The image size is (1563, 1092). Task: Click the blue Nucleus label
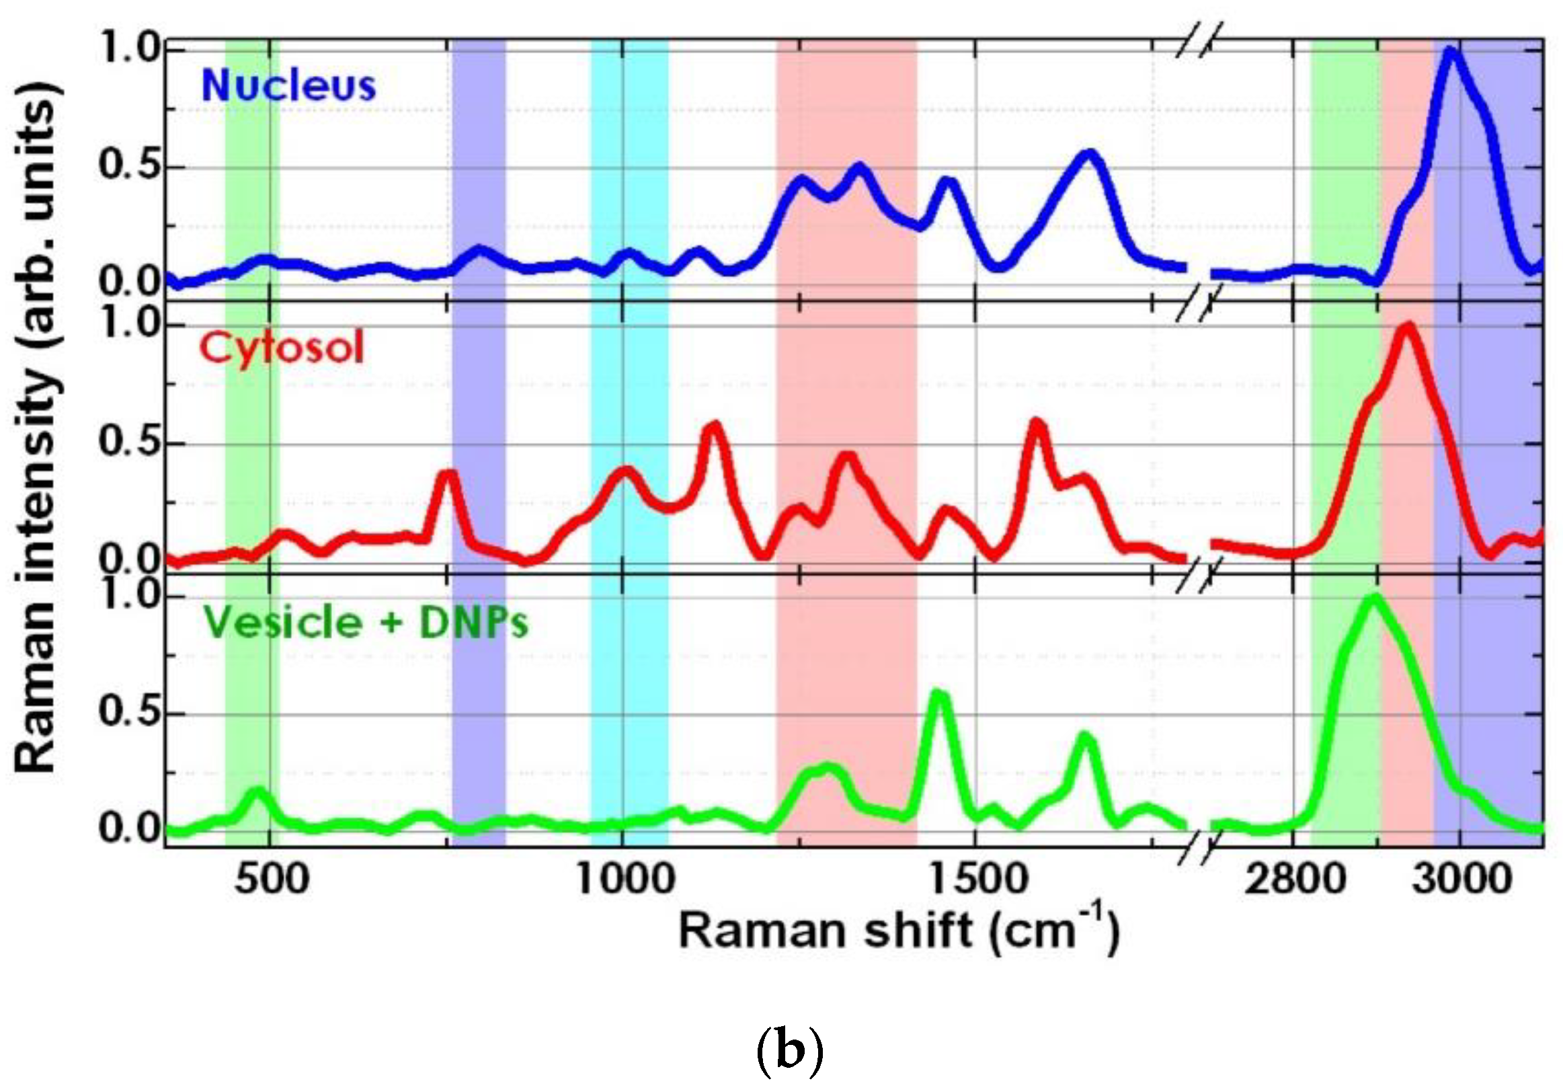coord(288,87)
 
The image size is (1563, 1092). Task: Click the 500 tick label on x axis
coord(272,879)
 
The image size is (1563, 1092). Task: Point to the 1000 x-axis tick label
coord(626,879)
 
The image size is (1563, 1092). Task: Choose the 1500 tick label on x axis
coord(977,879)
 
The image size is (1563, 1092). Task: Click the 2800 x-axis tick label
coord(1295,879)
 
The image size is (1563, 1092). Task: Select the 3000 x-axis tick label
coord(1461,879)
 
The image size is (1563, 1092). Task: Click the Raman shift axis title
coord(899,931)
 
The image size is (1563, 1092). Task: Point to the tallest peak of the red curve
coord(1408,327)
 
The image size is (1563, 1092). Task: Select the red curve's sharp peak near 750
coord(448,475)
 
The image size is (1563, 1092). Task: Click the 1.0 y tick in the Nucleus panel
coord(128,50)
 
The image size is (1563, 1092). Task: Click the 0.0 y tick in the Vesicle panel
coord(128,829)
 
